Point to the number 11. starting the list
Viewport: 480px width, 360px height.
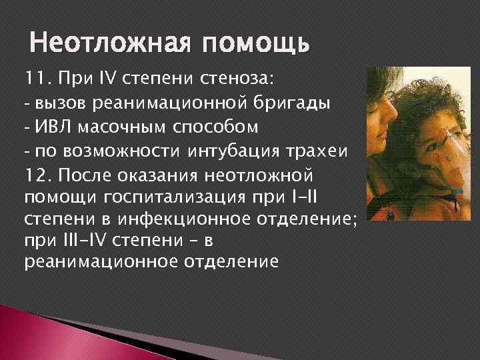(x=39, y=81)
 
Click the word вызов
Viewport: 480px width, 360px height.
(x=57, y=105)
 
